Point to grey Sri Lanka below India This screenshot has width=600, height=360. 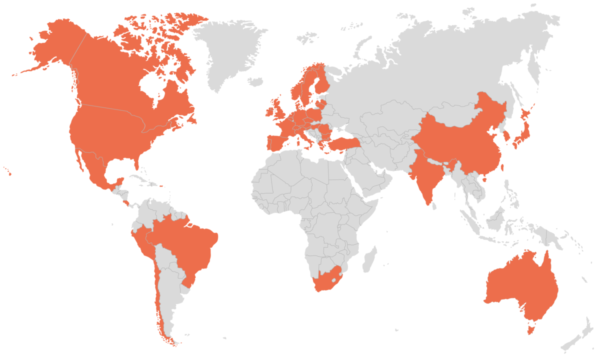point(434,204)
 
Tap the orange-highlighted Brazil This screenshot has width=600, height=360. point(190,245)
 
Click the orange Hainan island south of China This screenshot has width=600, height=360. point(484,179)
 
